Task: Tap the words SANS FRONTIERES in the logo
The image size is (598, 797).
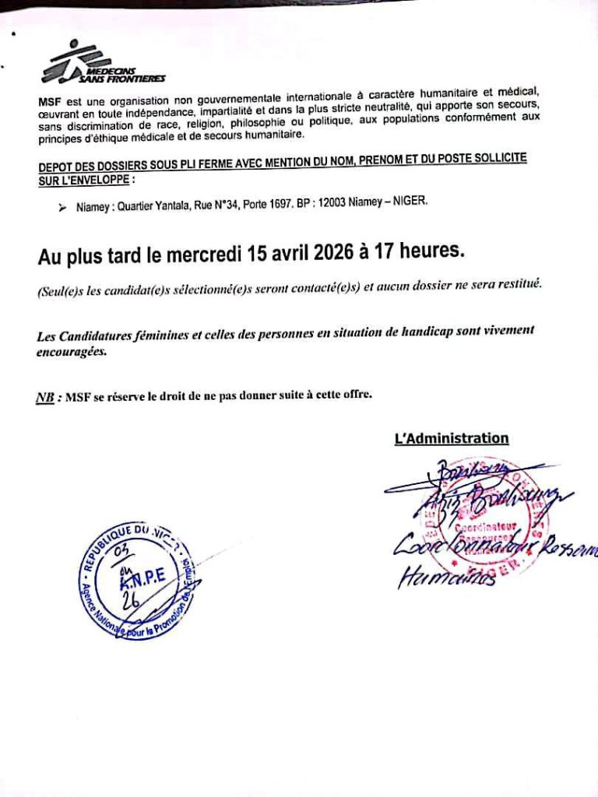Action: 122,79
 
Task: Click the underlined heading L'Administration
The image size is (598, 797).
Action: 452,438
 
